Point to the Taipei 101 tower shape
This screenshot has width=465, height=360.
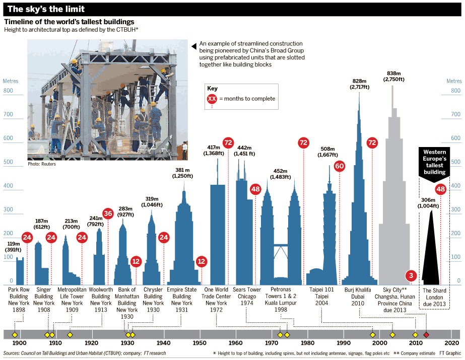coord(329,237)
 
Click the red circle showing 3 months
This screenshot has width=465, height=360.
coord(411,275)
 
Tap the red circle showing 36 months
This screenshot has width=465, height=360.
coord(108,213)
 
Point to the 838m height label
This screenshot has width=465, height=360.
coord(393,76)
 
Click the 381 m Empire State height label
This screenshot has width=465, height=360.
coord(182,173)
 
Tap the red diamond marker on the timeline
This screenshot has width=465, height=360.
coord(427,335)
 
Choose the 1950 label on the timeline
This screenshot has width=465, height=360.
coord(200,343)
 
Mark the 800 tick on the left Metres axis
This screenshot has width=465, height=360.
coord(8,91)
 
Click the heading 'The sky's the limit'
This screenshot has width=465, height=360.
coord(46,9)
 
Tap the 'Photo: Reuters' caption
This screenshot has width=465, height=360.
coord(42,164)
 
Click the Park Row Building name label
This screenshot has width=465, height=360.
coord(19,297)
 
